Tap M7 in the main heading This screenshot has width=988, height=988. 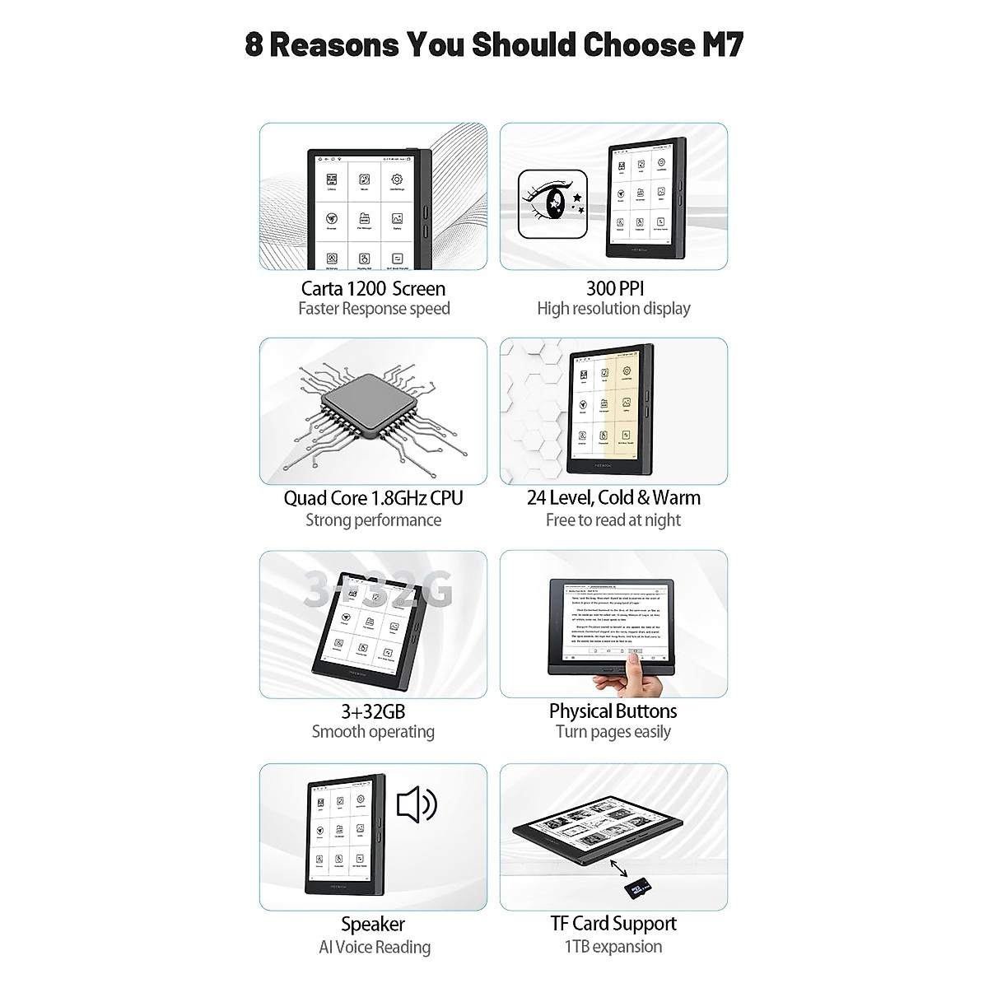click(x=722, y=44)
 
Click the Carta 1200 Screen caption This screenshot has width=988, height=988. click(x=373, y=288)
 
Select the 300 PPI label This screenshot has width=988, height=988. click(x=614, y=287)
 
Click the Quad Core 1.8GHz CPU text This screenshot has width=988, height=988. click(x=373, y=498)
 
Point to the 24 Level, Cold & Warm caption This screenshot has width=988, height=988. click(x=613, y=497)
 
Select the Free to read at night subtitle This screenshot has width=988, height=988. click(x=613, y=520)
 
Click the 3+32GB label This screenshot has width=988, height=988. click(x=373, y=711)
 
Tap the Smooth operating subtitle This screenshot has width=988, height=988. click(x=373, y=732)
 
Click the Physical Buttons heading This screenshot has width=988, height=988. click(x=613, y=711)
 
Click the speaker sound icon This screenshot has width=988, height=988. click(x=417, y=804)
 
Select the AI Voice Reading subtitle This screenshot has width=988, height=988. click(x=375, y=947)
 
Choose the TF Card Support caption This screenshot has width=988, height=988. click(x=613, y=923)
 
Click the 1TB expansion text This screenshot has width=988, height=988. click(x=613, y=946)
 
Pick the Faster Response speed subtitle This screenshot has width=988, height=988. click(x=374, y=309)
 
